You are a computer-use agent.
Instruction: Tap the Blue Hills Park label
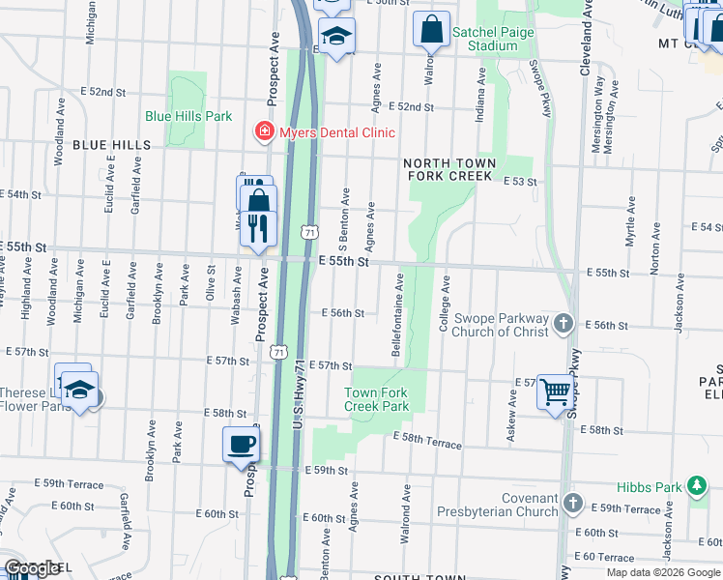click(188, 116)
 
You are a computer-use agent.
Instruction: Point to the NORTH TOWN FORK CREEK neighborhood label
click(449, 170)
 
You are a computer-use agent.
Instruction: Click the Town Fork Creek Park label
click(377, 399)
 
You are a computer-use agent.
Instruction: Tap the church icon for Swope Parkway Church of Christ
click(564, 324)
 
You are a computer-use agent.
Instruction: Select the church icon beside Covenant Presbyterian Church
click(572, 504)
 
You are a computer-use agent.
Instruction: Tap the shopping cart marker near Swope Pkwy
click(556, 392)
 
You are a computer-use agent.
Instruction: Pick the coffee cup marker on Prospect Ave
click(241, 445)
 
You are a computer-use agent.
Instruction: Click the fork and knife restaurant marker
click(257, 228)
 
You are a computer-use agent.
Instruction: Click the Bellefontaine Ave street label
click(398, 315)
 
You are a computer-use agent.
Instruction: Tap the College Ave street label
click(446, 305)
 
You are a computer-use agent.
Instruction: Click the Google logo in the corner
click(31, 567)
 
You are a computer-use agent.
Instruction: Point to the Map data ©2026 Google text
click(662, 572)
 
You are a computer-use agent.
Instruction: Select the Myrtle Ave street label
click(629, 221)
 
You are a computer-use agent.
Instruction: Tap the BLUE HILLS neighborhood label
click(112, 145)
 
